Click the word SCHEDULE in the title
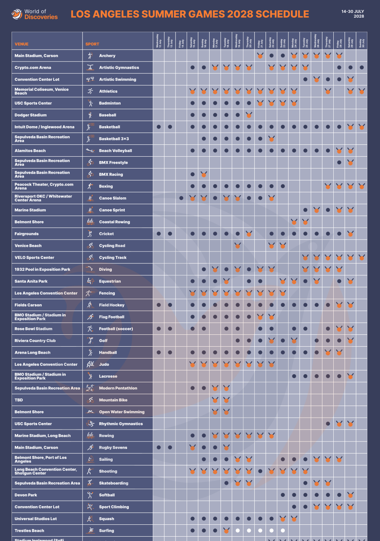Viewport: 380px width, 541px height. (x=282, y=14)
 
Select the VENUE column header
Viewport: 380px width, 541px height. (x=22, y=44)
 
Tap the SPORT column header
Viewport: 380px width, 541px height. (x=92, y=44)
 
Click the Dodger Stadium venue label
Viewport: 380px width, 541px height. (x=31, y=115)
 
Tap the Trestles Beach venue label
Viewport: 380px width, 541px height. (x=29, y=531)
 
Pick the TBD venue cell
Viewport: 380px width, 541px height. (x=19, y=400)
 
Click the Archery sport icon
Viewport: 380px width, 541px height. (x=90, y=56)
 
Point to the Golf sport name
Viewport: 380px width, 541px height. (x=103, y=341)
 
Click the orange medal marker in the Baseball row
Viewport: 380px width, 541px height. (x=249, y=115)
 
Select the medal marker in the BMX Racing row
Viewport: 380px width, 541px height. (x=204, y=174)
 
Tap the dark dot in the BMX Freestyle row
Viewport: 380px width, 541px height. (x=339, y=162)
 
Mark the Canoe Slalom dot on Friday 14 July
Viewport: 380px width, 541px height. (x=181, y=198)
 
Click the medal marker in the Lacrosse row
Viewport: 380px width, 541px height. (x=350, y=376)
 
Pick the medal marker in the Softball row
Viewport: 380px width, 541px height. (x=350, y=495)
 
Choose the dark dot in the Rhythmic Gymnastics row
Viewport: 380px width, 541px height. (x=328, y=424)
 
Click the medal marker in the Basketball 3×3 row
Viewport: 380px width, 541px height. (x=271, y=139)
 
